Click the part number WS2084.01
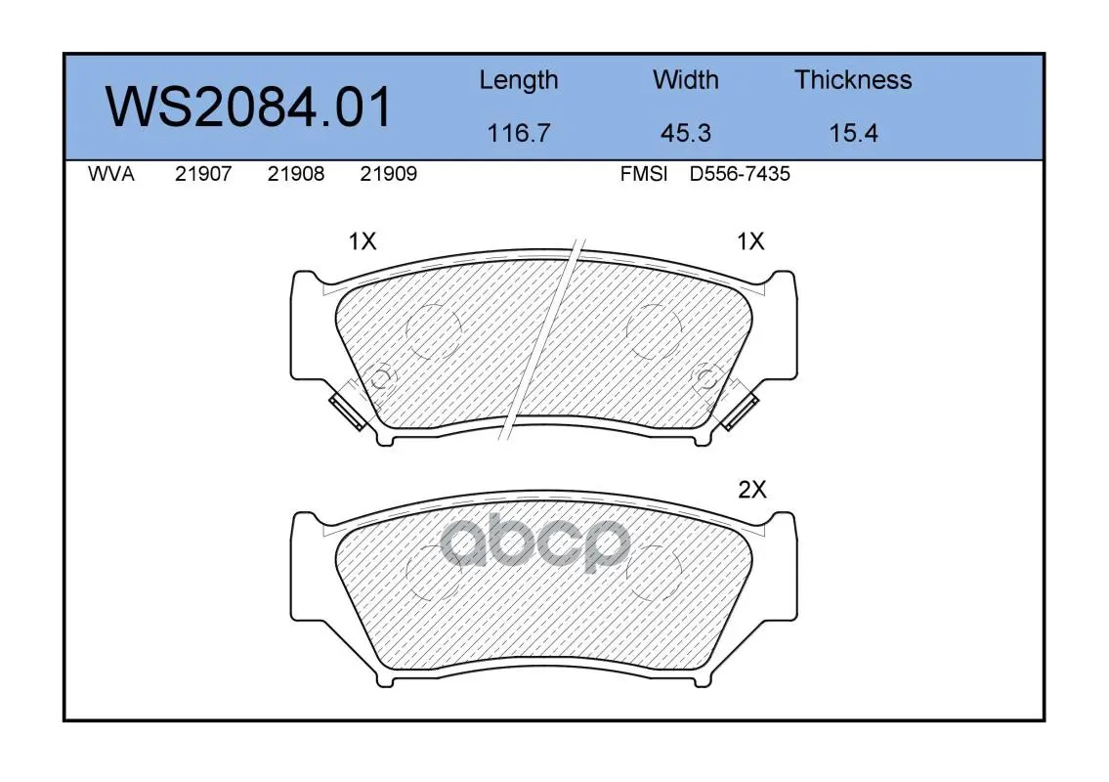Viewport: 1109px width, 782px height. (x=248, y=107)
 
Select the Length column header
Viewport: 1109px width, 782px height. (x=519, y=81)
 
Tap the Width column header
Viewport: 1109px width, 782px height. (x=685, y=79)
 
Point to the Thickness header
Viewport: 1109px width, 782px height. (x=853, y=79)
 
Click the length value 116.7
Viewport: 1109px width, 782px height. (x=519, y=133)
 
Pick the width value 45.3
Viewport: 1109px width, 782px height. (x=685, y=133)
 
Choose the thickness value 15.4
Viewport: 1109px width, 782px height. (x=853, y=133)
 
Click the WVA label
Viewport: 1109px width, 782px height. (x=111, y=174)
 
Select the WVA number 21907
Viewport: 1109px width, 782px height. (x=203, y=174)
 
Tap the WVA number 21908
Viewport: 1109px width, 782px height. (x=296, y=174)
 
